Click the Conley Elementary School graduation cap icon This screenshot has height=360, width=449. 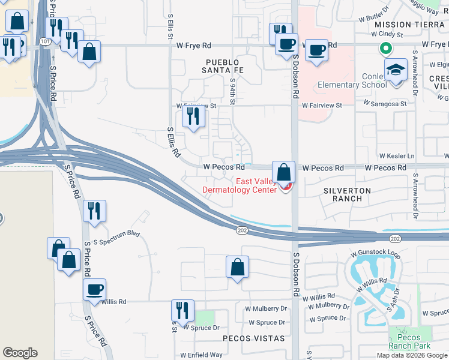point(396,70)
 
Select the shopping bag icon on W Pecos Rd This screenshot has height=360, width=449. point(283,172)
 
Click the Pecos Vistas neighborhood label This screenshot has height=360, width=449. point(254,338)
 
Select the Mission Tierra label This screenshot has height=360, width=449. point(409,25)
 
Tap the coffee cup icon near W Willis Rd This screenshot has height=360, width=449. point(95,290)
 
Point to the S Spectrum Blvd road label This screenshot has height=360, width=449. point(117,233)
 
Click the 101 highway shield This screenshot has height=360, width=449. point(46,41)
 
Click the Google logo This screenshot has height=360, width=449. point(20,353)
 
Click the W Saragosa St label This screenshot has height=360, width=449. point(387,104)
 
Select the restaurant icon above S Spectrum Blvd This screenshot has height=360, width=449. point(95,211)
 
